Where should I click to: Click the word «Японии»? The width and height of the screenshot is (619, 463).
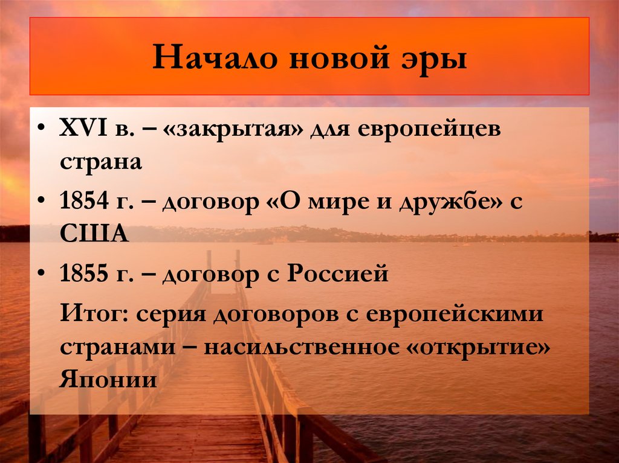tap(109, 380)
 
